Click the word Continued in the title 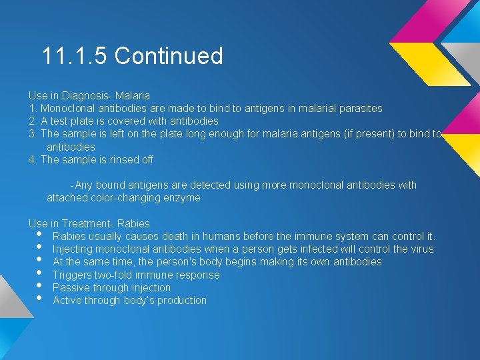pos(169,56)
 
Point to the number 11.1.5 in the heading pos(75,56)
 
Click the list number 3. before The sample pos(33,134)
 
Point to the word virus pos(420,249)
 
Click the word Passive pos(72,287)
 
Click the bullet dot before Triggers pos(40,273)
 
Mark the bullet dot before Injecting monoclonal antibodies pos(40,247)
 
